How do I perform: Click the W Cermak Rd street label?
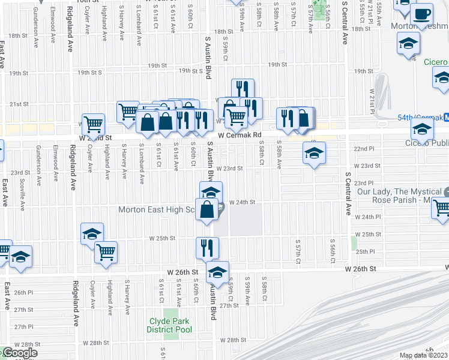(x=240, y=136)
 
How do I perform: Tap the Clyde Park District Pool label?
(x=170, y=325)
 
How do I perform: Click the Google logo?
(x=19, y=353)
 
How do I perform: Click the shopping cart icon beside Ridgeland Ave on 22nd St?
(x=94, y=124)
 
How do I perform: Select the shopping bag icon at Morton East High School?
(x=207, y=209)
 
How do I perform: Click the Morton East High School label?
(x=156, y=210)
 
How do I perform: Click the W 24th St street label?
(x=243, y=203)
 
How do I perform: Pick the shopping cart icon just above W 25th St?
(x=106, y=251)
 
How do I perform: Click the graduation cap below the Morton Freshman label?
(x=408, y=43)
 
